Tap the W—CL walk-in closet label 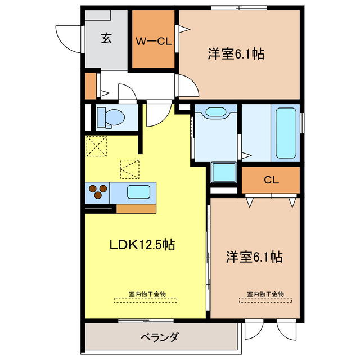[x=153, y=40]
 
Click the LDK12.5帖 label [x=141, y=245]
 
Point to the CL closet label [x=271, y=181]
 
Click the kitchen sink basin [x=138, y=192]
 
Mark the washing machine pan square [x=223, y=172]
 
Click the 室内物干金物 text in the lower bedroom [x=265, y=295]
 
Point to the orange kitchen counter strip [x=136, y=208]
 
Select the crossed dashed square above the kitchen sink [x=129, y=168]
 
